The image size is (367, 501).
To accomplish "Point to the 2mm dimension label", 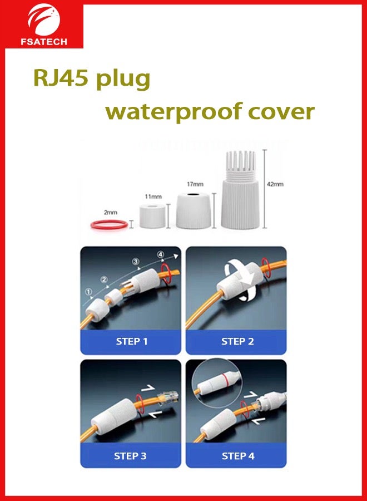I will [x=111, y=212].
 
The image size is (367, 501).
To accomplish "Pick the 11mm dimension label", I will [x=153, y=196].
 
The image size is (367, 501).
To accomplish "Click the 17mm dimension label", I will [x=195, y=184].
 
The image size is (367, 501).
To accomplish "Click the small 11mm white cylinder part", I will [x=153, y=216].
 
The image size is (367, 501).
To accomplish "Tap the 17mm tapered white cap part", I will [x=195, y=211].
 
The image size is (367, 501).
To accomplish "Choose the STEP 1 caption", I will [x=132, y=341].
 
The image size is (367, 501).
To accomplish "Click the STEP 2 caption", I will [x=237, y=341].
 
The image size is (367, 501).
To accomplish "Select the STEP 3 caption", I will [x=130, y=456].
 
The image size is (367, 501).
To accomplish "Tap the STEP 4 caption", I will [x=238, y=456].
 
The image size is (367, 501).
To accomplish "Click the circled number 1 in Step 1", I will [x=88, y=291].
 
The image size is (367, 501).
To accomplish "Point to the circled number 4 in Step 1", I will [x=161, y=256].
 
